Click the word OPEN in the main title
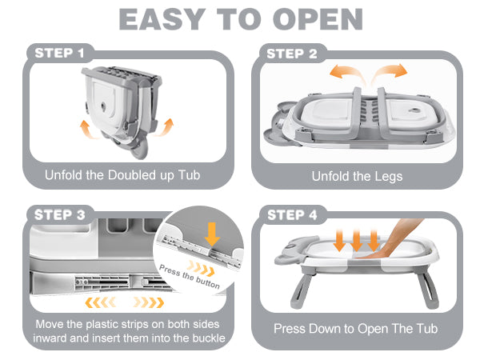coord(316,19)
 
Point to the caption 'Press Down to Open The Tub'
coord(356,329)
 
